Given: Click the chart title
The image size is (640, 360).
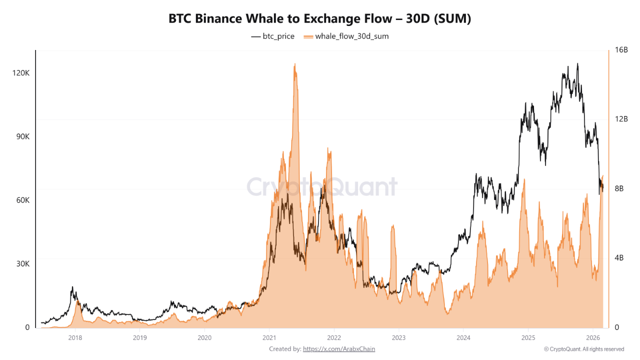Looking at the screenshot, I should pos(320,19).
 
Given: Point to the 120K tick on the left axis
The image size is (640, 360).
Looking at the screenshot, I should pos(20,73).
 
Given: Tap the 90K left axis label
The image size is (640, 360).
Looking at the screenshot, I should pos(21,136).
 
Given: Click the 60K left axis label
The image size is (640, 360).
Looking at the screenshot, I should pos(21,200).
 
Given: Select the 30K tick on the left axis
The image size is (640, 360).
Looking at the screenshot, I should pos(21,264).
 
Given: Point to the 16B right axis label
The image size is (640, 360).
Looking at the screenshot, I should pos(621,50).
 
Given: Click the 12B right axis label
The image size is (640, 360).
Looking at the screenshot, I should pos(621,119).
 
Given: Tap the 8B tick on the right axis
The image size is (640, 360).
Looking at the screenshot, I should pos(619,188).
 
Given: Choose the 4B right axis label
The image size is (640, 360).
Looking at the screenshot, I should pos(619,258).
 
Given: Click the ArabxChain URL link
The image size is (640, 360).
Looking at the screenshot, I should pos(338,349).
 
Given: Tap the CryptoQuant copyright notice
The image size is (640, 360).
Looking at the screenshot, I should pos(584,349).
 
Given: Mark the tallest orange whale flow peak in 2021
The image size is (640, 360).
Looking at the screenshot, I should pos(295,64).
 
